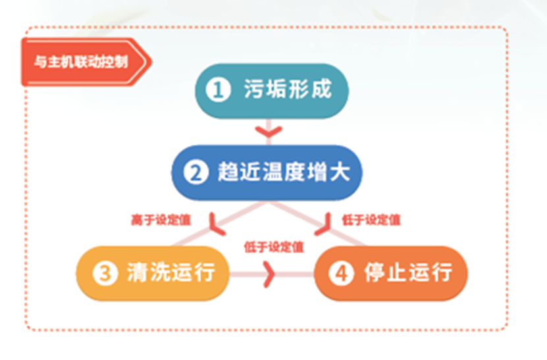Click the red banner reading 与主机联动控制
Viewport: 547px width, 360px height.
86,62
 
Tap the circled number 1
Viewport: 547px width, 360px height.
219,90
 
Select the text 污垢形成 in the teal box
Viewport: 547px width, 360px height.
288,89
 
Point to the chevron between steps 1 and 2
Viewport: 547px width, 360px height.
269,132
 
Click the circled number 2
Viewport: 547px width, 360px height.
196,172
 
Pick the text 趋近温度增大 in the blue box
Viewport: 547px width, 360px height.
284,172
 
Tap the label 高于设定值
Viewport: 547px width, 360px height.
161,220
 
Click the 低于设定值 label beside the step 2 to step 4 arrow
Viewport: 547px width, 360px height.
371,220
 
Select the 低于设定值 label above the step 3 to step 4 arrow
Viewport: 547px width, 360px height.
274,247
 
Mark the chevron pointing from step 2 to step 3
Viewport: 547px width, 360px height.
216,226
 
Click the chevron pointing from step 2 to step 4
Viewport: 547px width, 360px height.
323,226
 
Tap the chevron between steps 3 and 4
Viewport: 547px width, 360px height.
269,274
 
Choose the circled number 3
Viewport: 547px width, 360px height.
105,272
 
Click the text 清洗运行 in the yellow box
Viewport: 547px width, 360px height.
170,272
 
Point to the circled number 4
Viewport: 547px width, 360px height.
341,272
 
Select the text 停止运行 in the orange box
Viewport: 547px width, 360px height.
408,272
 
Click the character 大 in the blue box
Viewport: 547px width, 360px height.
340,172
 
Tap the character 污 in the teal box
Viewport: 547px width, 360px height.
253,89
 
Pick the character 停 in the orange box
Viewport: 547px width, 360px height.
375,272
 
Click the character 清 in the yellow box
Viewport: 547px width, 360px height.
137,272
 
